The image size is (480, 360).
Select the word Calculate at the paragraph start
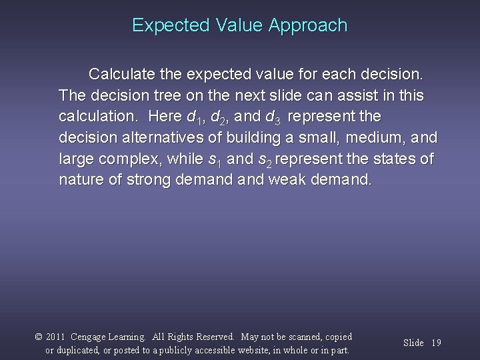click(122, 72)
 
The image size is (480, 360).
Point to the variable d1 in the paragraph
click(195, 117)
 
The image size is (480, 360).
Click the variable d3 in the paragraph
click(274, 117)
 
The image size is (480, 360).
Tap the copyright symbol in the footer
click(39, 337)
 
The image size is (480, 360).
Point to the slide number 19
click(436, 343)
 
